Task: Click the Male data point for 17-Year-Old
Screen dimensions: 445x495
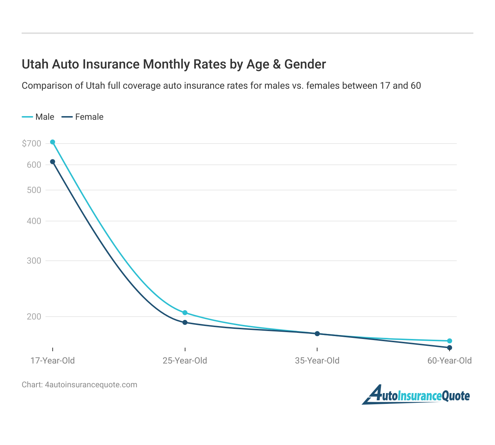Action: [x=53, y=142]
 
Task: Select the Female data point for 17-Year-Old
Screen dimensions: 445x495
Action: [x=53, y=162]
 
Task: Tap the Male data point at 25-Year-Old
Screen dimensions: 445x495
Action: [x=185, y=313]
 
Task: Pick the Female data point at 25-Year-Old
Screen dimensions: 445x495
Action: [x=185, y=322]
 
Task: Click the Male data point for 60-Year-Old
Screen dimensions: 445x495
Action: [x=450, y=341]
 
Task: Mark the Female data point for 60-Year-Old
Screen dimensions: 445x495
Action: [x=450, y=348]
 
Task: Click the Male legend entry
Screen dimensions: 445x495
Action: [x=38, y=117]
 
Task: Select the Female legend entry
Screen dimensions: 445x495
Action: [x=83, y=117]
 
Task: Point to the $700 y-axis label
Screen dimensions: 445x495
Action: [x=32, y=144]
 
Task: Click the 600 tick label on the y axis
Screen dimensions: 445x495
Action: [x=34, y=165]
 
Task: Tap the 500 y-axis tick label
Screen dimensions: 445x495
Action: [x=34, y=190]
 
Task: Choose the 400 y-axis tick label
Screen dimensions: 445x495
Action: [x=34, y=221]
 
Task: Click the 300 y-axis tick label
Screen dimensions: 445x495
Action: [x=34, y=261]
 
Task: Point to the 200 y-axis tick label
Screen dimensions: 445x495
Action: [x=34, y=317]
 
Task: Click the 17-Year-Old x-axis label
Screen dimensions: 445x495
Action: [x=53, y=361]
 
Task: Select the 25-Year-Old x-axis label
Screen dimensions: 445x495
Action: [x=185, y=361]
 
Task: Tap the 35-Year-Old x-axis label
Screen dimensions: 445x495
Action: [x=317, y=361]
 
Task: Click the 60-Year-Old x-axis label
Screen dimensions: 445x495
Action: [x=450, y=361]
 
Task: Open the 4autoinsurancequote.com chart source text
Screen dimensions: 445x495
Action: [x=91, y=385]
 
